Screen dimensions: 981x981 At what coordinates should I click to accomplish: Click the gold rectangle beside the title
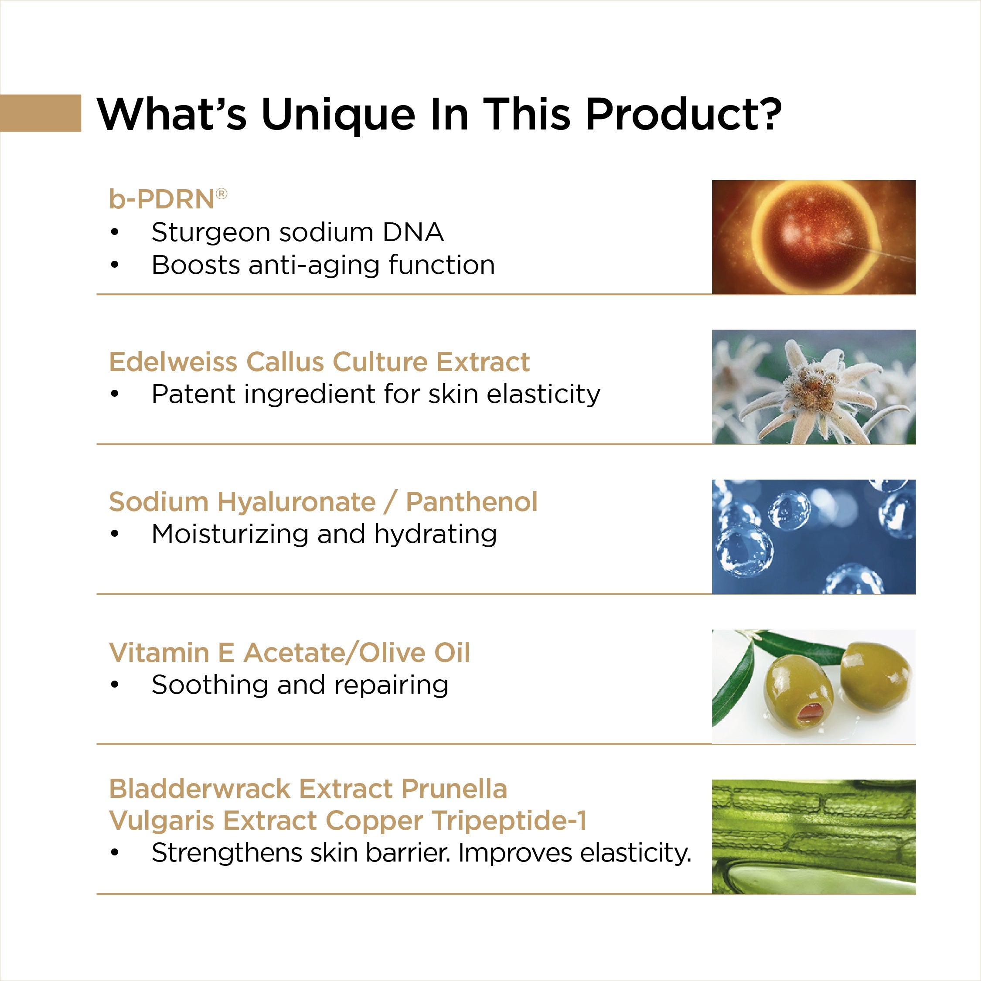[x=41, y=113]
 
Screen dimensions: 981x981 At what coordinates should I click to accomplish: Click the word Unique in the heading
[x=338, y=115]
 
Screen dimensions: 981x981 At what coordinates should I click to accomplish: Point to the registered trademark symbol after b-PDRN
[x=221, y=194]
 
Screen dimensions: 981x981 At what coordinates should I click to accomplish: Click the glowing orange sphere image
[x=814, y=237]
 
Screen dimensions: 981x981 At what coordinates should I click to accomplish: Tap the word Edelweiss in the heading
[x=173, y=362]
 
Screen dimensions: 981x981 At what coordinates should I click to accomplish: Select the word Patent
[x=194, y=395]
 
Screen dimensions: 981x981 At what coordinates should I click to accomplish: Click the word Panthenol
[x=472, y=502]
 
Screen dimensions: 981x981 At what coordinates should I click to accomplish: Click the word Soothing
[x=210, y=686]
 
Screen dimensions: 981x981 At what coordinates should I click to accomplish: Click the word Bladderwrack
[x=200, y=789]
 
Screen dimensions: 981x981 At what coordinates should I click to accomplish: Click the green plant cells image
[x=814, y=836]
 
